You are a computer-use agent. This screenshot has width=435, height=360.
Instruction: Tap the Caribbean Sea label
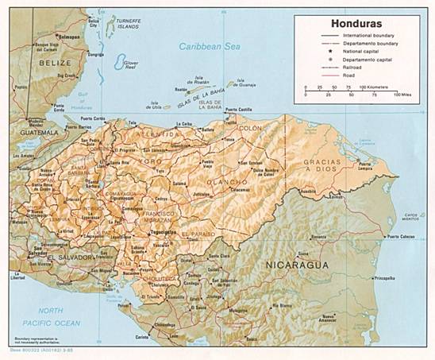(210, 47)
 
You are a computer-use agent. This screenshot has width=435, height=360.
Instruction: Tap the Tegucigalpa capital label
(163, 233)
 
